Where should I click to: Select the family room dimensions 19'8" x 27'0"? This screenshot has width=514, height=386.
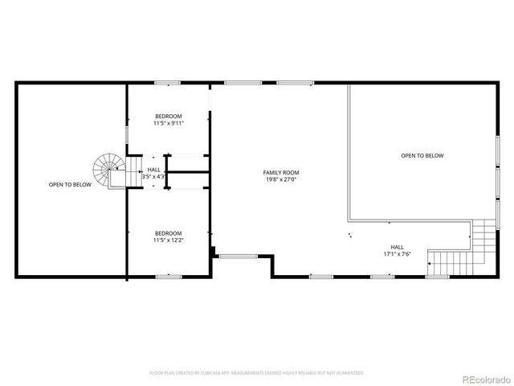coord(281,180)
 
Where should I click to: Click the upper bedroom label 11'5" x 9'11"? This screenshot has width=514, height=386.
coord(169,123)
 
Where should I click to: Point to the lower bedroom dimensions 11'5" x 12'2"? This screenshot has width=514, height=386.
coord(169,240)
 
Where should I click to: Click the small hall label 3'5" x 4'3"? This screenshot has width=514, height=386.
coord(153,176)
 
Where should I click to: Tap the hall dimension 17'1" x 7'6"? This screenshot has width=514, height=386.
coord(397,254)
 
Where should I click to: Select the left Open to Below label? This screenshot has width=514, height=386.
coord(70,184)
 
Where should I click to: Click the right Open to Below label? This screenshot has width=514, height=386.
coord(422,155)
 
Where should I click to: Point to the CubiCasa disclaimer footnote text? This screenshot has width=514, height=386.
coord(257,373)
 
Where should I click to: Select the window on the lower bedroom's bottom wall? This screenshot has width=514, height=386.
coord(167,276)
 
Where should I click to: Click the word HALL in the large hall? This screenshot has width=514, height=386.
coord(397,247)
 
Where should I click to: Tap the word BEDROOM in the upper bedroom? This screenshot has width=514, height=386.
coord(169,116)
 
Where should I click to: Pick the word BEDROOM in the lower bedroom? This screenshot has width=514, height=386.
coord(169,233)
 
